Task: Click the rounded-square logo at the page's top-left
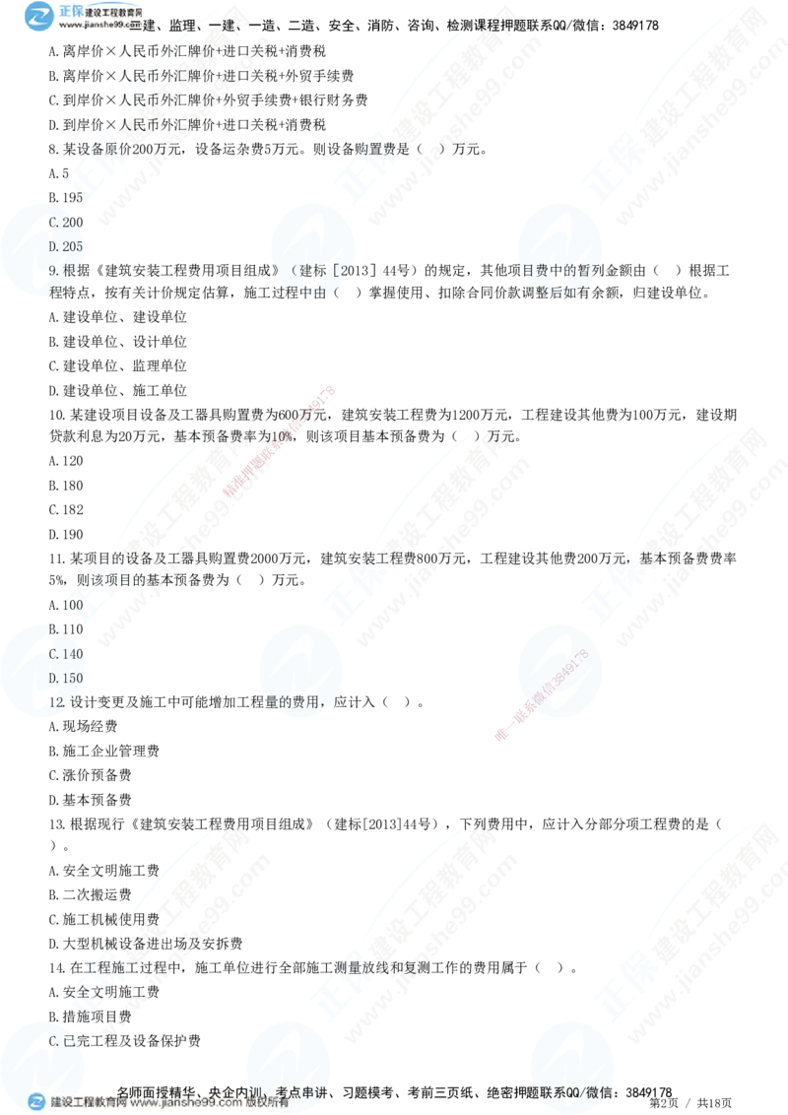tap(40, 17)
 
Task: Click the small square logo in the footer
tap(36, 1102)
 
